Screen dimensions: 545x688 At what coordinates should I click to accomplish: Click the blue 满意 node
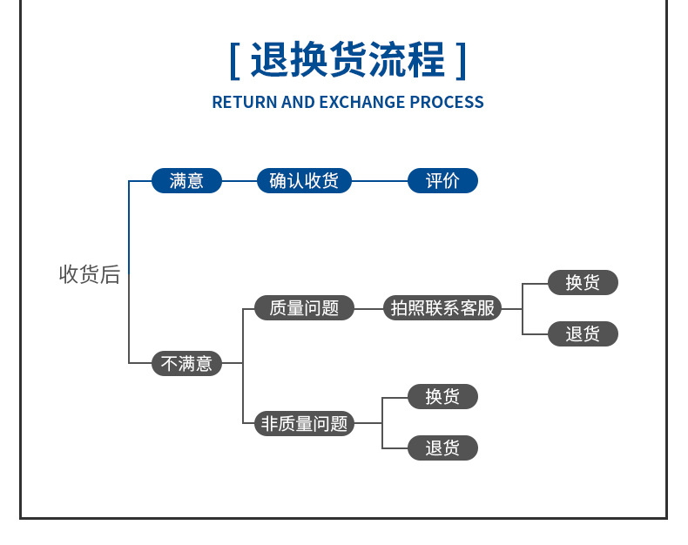[186, 181]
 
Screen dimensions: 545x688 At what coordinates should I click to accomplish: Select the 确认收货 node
[304, 181]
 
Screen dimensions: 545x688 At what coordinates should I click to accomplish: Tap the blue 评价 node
[442, 181]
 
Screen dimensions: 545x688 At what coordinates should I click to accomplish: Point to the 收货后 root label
[89, 274]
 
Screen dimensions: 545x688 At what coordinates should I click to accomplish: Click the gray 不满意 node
[186, 363]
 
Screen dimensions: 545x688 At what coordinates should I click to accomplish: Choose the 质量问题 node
[304, 307]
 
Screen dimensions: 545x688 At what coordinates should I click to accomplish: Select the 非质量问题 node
[304, 423]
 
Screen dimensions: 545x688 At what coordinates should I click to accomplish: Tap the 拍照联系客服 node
[442, 307]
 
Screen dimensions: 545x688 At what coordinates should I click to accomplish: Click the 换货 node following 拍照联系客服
[583, 282]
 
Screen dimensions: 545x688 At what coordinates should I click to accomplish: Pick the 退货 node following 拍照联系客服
[583, 333]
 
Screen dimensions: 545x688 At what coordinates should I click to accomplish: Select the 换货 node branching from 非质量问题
[442, 397]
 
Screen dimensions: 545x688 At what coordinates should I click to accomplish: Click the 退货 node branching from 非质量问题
[442, 448]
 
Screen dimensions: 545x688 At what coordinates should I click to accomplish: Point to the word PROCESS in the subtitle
[447, 102]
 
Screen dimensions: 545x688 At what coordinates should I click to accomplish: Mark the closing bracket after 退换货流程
[461, 61]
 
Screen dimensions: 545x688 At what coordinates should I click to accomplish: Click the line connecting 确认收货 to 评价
[380, 181]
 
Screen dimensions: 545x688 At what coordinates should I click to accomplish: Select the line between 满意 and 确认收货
[239, 181]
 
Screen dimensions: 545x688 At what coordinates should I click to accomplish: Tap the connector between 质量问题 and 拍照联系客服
[369, 307]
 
